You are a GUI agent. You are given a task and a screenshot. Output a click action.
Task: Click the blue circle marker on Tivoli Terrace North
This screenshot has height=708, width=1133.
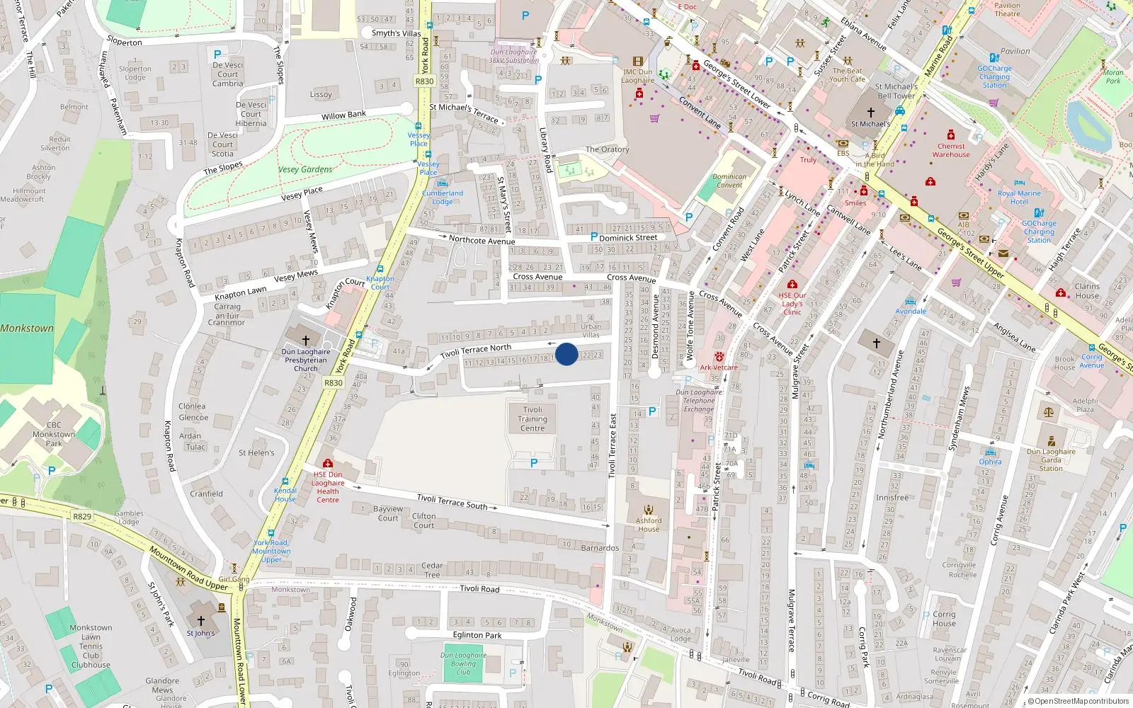click(x=566, y=354)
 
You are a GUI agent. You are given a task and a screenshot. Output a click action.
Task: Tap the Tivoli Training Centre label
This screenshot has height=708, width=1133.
click(x=533, y=419)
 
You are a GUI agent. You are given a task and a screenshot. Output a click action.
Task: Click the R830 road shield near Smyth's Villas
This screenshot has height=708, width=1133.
click(x=424, y=81)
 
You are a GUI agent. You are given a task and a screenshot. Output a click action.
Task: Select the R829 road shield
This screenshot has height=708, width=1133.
click(x=82, y=517)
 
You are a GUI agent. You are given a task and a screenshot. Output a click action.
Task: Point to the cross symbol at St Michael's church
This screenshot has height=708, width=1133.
click(x=871, y=112)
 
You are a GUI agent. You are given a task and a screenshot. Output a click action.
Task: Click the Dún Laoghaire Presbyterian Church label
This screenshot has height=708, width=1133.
click(x=306, y=360)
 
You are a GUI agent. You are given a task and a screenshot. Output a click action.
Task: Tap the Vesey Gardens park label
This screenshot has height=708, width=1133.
click(x=305, y=169)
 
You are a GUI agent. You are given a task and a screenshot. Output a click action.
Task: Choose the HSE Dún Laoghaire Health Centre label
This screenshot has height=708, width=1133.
click(x=328, y=487)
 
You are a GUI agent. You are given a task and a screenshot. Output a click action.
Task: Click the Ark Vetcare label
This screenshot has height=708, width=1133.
click(x=719, y=367)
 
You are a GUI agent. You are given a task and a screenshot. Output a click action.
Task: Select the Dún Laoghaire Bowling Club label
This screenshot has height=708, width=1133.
click(x=463, y=663)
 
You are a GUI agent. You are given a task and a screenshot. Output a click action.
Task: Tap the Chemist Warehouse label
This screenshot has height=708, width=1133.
click(x=951, y=150)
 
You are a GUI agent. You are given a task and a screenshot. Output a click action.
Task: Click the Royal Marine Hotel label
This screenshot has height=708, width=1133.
click(x=1019, y=197)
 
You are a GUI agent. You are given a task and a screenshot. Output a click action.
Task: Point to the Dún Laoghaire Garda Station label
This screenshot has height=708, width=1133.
click(x=1051, y=459)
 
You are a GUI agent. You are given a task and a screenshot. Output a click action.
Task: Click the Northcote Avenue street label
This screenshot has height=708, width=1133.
click(x=482, y=240)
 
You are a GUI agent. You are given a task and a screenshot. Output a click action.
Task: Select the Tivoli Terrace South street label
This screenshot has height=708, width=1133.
click(x=452, y=501)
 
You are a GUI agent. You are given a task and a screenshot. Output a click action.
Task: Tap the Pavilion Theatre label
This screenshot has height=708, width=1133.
click(x=1007, y=9)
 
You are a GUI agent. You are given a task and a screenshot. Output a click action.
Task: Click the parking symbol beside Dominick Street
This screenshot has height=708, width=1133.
click(x=593, y=237)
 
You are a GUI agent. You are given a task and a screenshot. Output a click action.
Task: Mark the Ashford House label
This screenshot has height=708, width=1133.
click(x=648, y=525)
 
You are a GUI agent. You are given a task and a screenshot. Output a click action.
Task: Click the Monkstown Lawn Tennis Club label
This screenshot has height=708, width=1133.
click(x=91, y=646)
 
